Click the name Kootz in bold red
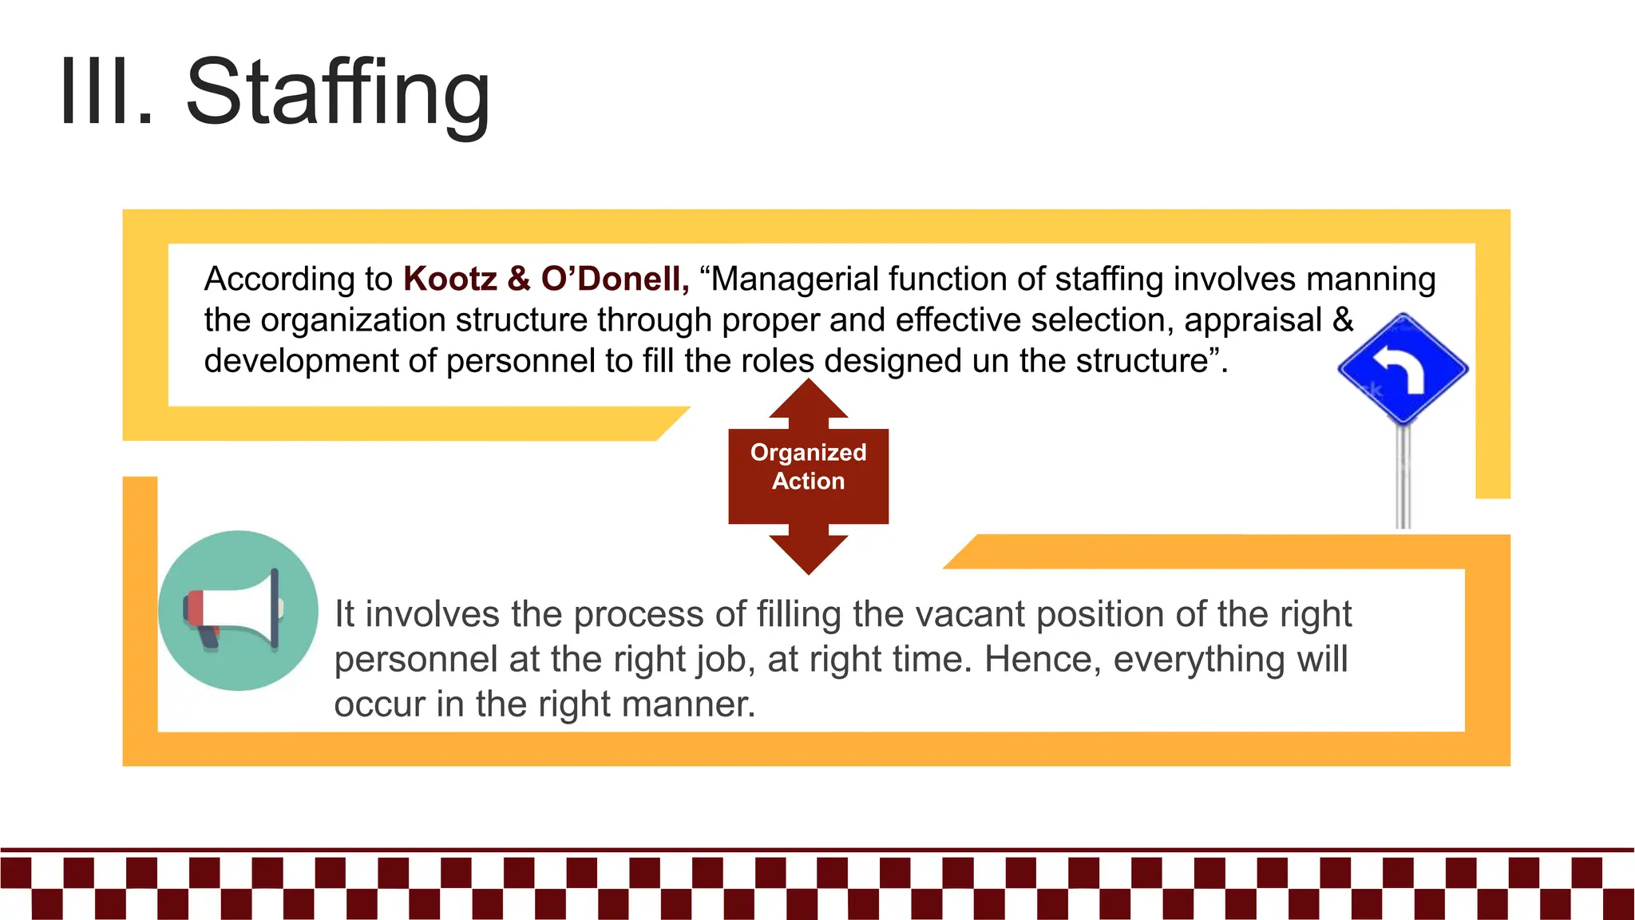click(450, 279)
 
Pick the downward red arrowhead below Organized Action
click(808, 554)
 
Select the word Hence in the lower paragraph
click(1035, 660)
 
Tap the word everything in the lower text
click(1199, 660)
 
